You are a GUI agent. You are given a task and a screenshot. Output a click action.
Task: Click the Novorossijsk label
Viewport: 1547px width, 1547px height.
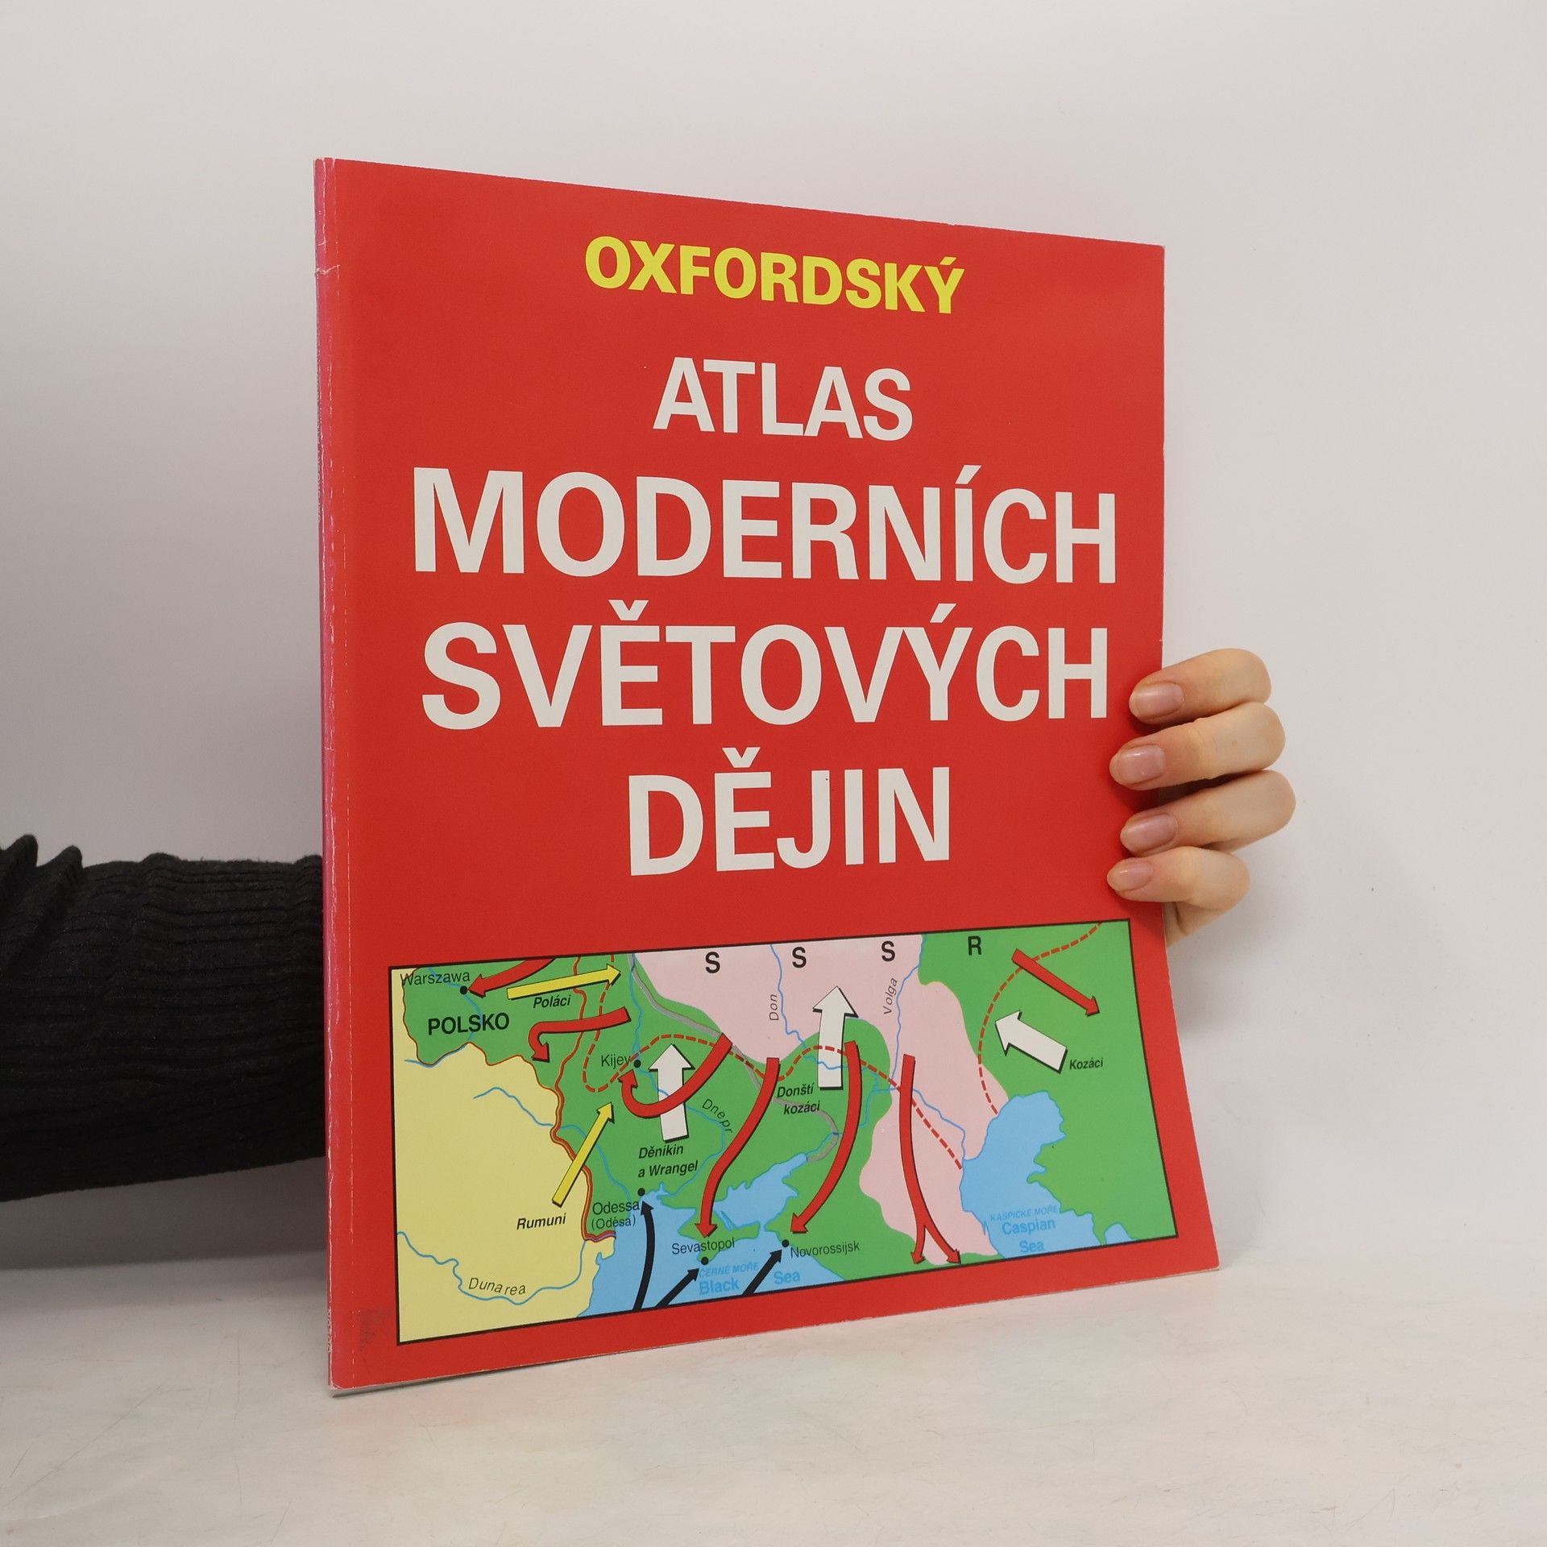pos(824,1270)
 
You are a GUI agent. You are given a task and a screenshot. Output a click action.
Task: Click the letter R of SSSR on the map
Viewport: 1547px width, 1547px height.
pos(974,948)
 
